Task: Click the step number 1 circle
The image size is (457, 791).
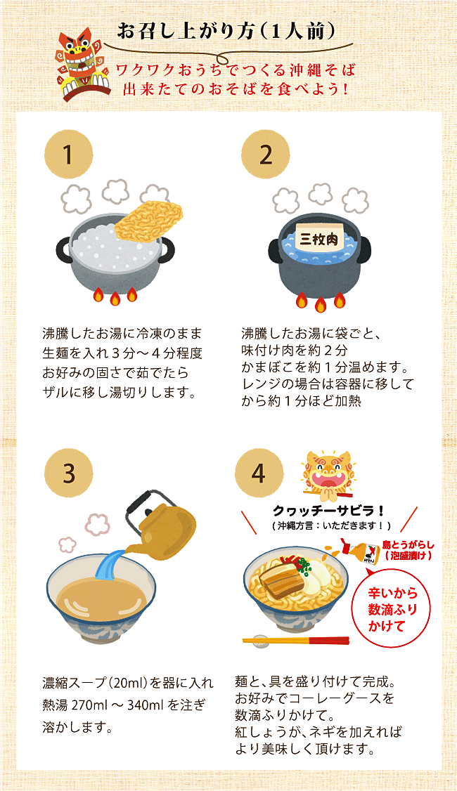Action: click(x=69, y=155)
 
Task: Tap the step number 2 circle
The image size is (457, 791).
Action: click(x=265, y=155)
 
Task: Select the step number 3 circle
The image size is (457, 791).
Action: click(x=69, y=473)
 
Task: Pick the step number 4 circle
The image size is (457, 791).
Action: click(x=258, y=473)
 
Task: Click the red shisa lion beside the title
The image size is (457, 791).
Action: click(x=82, y=64)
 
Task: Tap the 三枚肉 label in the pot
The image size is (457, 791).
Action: click(x=319, y=237)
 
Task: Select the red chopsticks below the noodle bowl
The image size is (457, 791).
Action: click(x=296, y=641)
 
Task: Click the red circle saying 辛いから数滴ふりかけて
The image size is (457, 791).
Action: click(x=394, y=609)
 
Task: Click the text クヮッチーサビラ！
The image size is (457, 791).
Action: click(x=329, y=511)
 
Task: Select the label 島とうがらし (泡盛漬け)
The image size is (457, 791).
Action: click(x=408, y=550)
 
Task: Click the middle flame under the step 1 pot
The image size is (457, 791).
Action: click(x=115, y=299)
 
